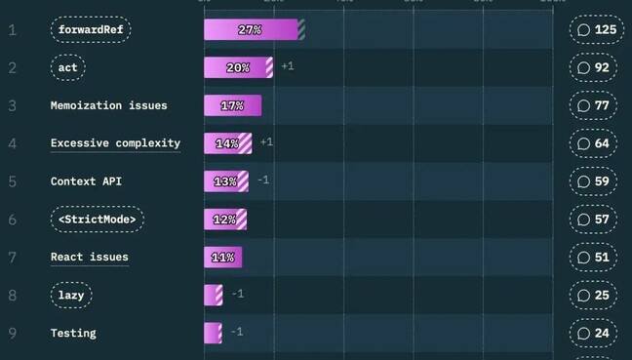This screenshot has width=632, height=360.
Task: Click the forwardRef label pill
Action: click(91, 30)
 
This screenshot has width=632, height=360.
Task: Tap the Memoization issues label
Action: click(108, 105)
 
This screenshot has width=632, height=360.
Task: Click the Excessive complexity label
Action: click(115, 143)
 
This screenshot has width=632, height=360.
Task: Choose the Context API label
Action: click(86, 181)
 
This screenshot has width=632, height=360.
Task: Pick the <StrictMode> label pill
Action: click(97, 220)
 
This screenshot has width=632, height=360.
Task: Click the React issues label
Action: click(89, 258)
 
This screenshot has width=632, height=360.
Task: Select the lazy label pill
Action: click(72, 295)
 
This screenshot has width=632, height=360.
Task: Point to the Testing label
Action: click(73, 333)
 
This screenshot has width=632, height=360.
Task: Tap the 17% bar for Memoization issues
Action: click(232, 105)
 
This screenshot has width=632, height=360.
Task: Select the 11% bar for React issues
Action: click(222, 258)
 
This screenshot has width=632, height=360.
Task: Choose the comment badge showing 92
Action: click(593, 68)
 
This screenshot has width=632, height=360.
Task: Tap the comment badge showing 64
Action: click(593, 143)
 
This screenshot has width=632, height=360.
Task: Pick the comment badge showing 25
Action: click(593, 295)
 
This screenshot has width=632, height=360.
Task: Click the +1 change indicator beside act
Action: click(288, 66)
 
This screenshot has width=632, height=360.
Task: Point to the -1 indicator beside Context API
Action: click(263, 180)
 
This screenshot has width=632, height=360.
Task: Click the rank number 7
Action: click(13, 258)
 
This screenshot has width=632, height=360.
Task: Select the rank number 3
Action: click(13, 105)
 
